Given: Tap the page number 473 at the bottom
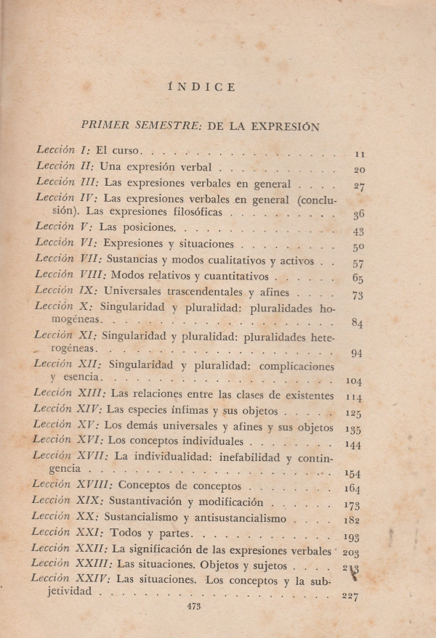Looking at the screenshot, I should click(193, 605).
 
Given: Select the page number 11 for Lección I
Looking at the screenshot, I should click(359, 154).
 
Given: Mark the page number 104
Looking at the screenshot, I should click(355, 380).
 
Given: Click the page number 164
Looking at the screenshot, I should click(354, 488).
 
